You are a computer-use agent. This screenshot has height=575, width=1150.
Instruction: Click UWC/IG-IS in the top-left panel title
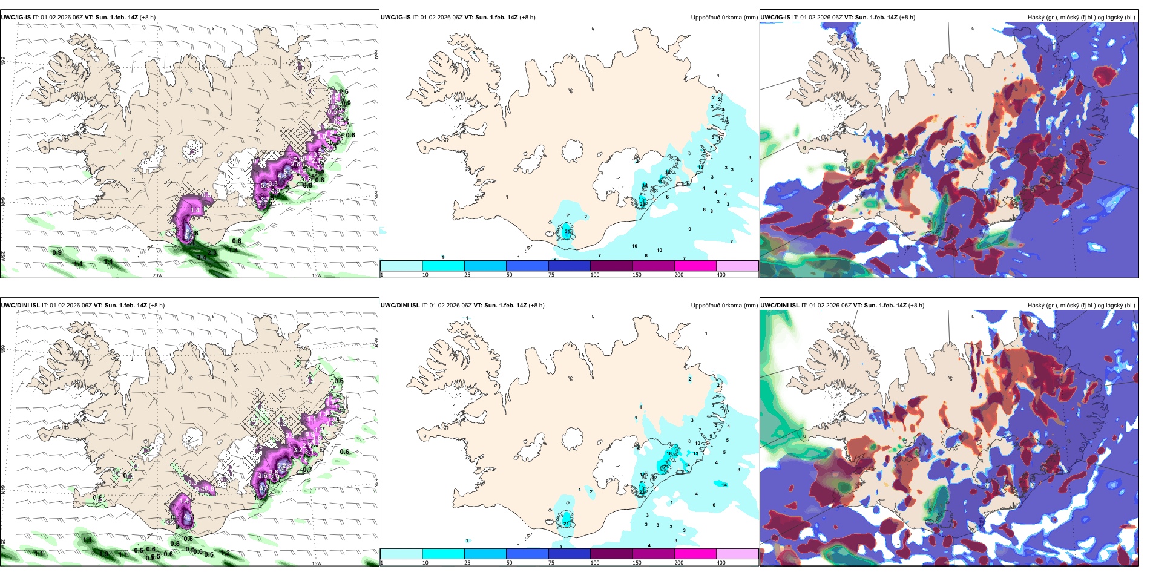click(16, 18)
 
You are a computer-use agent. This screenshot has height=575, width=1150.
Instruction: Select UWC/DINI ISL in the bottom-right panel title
click(780, 306)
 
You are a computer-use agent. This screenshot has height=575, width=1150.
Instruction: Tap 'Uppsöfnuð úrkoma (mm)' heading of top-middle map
click(724, 18)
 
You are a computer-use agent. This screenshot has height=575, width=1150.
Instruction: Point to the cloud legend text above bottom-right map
click(1081, 306)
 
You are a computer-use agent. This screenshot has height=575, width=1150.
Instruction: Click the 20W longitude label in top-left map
click(157, 275)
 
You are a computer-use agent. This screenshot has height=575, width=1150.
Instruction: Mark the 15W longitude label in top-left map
click(316, 275)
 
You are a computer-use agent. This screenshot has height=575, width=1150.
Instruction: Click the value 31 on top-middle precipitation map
click(567, 232)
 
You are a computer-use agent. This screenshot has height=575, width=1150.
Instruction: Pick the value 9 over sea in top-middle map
click(689, 229)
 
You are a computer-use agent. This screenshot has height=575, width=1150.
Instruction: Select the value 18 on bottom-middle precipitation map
click(669, 453)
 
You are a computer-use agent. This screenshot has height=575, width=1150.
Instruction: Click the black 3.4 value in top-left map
click(202, 258)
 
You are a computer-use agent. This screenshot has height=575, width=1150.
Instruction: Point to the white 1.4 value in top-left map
click(195, 210)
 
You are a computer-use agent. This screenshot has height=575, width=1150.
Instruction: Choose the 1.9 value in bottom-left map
click(104, 554)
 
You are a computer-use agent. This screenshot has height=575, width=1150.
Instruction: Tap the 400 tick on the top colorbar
click(721, 275)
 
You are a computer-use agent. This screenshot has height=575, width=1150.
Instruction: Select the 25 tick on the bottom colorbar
click(467, 563)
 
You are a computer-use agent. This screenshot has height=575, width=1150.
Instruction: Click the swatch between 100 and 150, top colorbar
click(611, 266)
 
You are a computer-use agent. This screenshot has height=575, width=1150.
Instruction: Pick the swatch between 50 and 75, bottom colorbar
click(527, 554)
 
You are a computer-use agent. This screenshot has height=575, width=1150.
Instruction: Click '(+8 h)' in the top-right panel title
click(907, 18)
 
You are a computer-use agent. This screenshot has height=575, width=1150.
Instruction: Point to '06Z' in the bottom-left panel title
click(86, 306)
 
